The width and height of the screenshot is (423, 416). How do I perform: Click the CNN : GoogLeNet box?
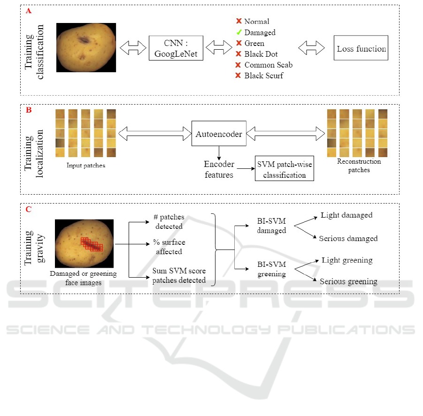176,48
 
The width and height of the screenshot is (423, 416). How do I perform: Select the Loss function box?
361,48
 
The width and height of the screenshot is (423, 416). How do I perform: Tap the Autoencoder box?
219,134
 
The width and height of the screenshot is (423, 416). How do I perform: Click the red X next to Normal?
238,22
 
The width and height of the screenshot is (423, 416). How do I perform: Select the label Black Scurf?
263,76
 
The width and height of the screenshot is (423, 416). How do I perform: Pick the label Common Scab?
268,65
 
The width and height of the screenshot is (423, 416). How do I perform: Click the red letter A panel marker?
29,10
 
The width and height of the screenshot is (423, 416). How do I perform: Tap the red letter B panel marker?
29,111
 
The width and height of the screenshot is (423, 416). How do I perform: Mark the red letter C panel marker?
29,210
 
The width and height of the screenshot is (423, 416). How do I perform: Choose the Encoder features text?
218,169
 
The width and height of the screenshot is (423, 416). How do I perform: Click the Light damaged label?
346,215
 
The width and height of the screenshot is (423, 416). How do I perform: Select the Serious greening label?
348,281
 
